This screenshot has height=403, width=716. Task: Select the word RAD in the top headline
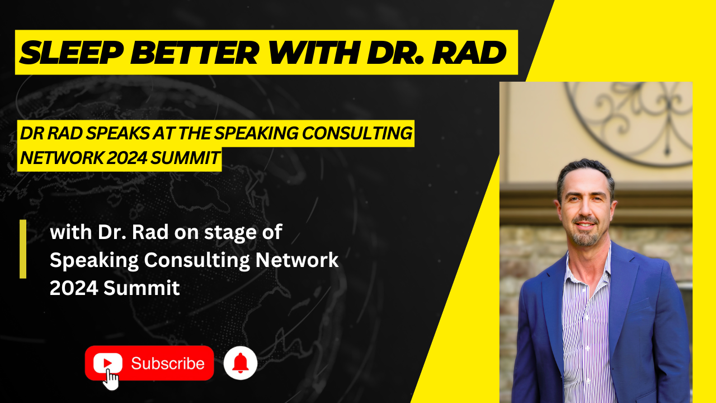click(469, 53)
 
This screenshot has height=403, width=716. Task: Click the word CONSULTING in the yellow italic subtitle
click(357, 133)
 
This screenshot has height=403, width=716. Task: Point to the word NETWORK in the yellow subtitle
click(62, 158)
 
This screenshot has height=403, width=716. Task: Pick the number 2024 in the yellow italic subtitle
click(127, 158)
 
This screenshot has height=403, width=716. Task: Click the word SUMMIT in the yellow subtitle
click(185, 158)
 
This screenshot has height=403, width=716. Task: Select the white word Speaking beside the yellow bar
click(95, 261)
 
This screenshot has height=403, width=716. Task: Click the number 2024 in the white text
click(74, 288)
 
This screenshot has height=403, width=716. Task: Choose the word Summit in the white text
click(142, 288)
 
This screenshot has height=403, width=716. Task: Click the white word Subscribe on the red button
click(168, 363)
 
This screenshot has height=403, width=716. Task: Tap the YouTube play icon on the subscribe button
click(108, 363)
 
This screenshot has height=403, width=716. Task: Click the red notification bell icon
click(241, 363)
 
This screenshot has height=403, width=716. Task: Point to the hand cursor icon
click(111, 379)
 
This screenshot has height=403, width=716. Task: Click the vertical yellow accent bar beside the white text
click(23, 249)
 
